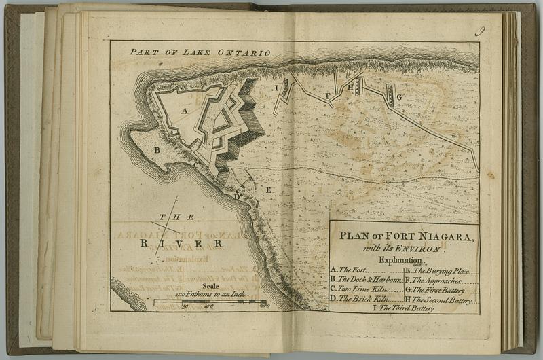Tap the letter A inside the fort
184,111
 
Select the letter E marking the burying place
267,190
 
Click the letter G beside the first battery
399,97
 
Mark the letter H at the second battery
350,87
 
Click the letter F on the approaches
328,96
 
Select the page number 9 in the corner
480,30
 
